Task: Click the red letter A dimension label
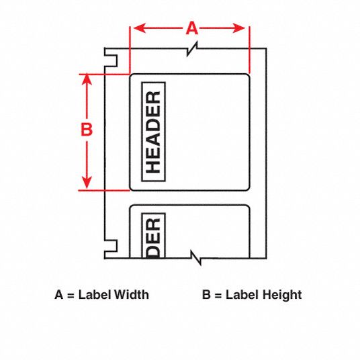(191, 28)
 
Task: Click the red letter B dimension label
(87, 129)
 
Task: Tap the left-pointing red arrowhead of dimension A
(140, 28)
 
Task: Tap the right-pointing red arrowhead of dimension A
(239, 28)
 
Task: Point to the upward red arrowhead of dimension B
(87, 80)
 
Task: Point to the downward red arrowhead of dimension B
(87, 183)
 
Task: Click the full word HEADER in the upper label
(153, 132)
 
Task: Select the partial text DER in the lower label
(153, 238)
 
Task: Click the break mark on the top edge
(192, 48)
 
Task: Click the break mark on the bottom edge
(196, 258)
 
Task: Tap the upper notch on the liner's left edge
(111, 61)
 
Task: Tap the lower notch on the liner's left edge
(111, 246)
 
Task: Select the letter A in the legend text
(59, 295)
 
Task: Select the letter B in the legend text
(206, 295)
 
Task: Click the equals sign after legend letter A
(71, 296)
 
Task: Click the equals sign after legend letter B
(218, 296)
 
